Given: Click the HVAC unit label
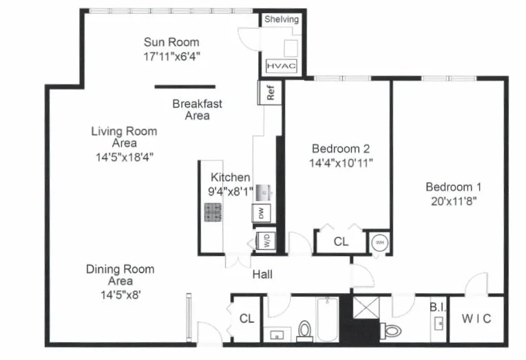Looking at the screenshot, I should (281, 66).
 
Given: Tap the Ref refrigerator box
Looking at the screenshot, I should (270, 93).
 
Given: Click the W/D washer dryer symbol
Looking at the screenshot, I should (265, 240).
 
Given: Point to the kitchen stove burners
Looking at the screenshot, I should (213, 211).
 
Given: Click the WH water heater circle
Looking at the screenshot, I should (379, 242).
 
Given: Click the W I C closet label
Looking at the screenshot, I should (476, 319).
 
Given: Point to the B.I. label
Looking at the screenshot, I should (438, 307).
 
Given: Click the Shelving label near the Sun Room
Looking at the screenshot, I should (282, 19).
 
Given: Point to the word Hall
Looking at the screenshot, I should (262, 274).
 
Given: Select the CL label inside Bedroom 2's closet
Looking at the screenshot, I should (340, 242).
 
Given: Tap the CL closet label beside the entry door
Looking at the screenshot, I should (246, 319).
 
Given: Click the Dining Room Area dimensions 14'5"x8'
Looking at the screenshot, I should (120, 294).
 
